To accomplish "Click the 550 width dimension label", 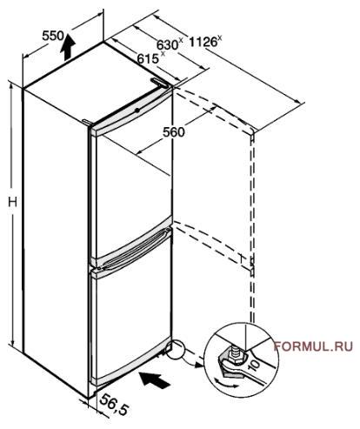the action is click(x=53, y=36).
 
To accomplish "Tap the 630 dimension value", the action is click(x=167, y=45).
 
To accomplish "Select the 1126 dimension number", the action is click(x=203, y=42).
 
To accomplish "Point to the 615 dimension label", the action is click(x=148, y=59).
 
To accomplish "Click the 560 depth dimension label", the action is click(x=173, y=132).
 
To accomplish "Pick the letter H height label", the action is click(x=12, y=202).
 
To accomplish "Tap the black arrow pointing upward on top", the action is click(x=68, y=47).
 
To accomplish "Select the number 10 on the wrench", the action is click(x=255, y=365).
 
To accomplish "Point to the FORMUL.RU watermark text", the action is click(x=313, y=346).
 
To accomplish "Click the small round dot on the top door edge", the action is click(x=137, y=111).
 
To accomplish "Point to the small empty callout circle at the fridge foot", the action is click(x=176, y=351).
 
